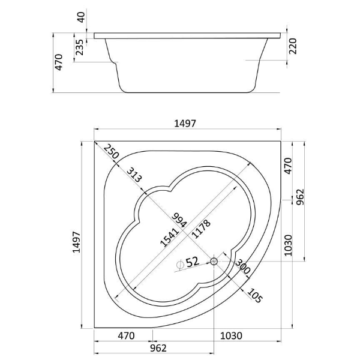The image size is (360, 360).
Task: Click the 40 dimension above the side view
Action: (x=82, y=17)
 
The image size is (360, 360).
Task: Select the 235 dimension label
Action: (x=80, y=47)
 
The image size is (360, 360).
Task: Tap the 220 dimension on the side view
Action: (x=293, y=46)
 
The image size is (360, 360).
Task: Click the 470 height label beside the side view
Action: (x=59, y=62)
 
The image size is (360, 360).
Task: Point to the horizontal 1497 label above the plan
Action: (x=185, y=124)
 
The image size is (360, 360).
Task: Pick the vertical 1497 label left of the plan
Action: (x=76, y=242)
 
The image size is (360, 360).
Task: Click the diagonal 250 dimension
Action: (x=111, y=152)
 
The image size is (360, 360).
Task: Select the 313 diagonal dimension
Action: (x=134, y=175)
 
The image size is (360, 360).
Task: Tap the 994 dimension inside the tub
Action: (x=180, y=220)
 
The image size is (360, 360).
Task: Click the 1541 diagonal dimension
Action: (x=169, y=238)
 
